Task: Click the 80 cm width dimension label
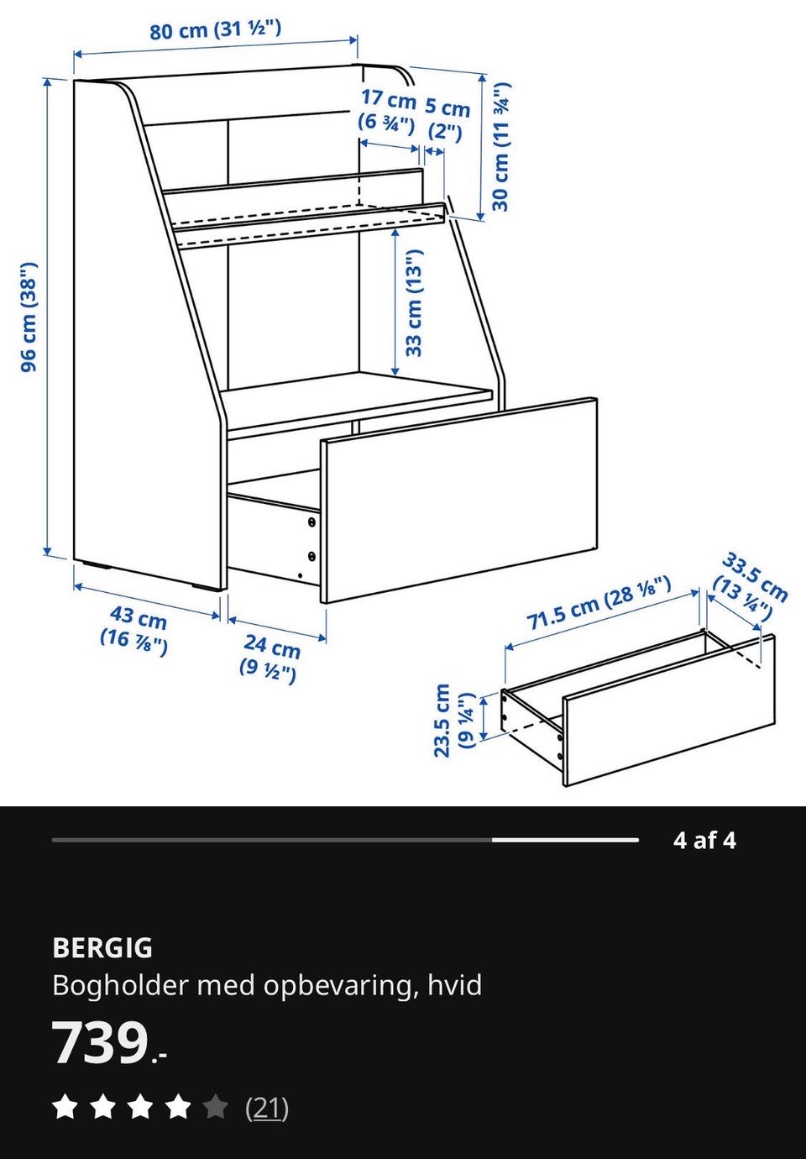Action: [x=216, y=29]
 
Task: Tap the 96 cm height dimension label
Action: [x=29, y=317]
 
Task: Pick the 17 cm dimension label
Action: [x=388, y=111]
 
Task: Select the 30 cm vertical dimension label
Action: [x=500, y=147]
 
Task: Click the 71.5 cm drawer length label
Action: [x=599, y=603]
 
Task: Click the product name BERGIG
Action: [x=102, y=947]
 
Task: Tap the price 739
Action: [x=101, y=1043]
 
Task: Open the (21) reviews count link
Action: [x=267, y=1109]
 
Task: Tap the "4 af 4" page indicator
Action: [x=704, y=840]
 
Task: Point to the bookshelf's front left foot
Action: [x=204, y=587]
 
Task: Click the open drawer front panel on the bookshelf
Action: [x=459, y=500]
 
